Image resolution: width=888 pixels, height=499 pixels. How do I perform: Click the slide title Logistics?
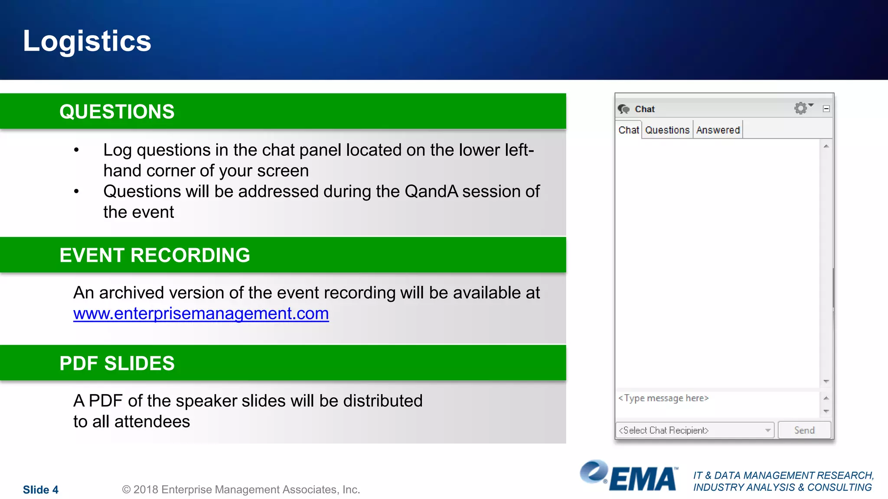[87, 41]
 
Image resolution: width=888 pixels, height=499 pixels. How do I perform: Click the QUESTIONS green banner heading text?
[117, 112]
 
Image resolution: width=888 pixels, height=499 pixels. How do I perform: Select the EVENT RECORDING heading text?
[155, 255]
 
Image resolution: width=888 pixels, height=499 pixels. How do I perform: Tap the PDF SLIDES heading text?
[117, 363]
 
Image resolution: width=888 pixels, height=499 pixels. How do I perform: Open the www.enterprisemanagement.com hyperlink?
[201, 314]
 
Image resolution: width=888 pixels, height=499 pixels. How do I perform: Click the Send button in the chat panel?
[804, 430]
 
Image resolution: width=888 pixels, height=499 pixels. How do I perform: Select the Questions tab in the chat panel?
[667, 130]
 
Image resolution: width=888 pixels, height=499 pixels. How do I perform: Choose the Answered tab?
[718, 130]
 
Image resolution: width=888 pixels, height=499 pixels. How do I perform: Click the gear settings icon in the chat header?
[800, 108]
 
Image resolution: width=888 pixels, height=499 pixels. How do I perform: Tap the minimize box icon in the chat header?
[826, 109]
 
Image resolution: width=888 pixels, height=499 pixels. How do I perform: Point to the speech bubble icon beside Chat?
[624, 109]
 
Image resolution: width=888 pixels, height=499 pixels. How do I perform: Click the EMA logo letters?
[643, 479]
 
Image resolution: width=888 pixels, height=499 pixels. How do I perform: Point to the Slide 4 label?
[40, 490]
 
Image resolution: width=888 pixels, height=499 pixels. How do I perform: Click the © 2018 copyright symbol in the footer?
[126, 490]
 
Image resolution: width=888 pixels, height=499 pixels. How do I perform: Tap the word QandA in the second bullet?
[431, 191]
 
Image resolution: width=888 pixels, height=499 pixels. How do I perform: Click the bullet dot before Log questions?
[76, 150]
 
